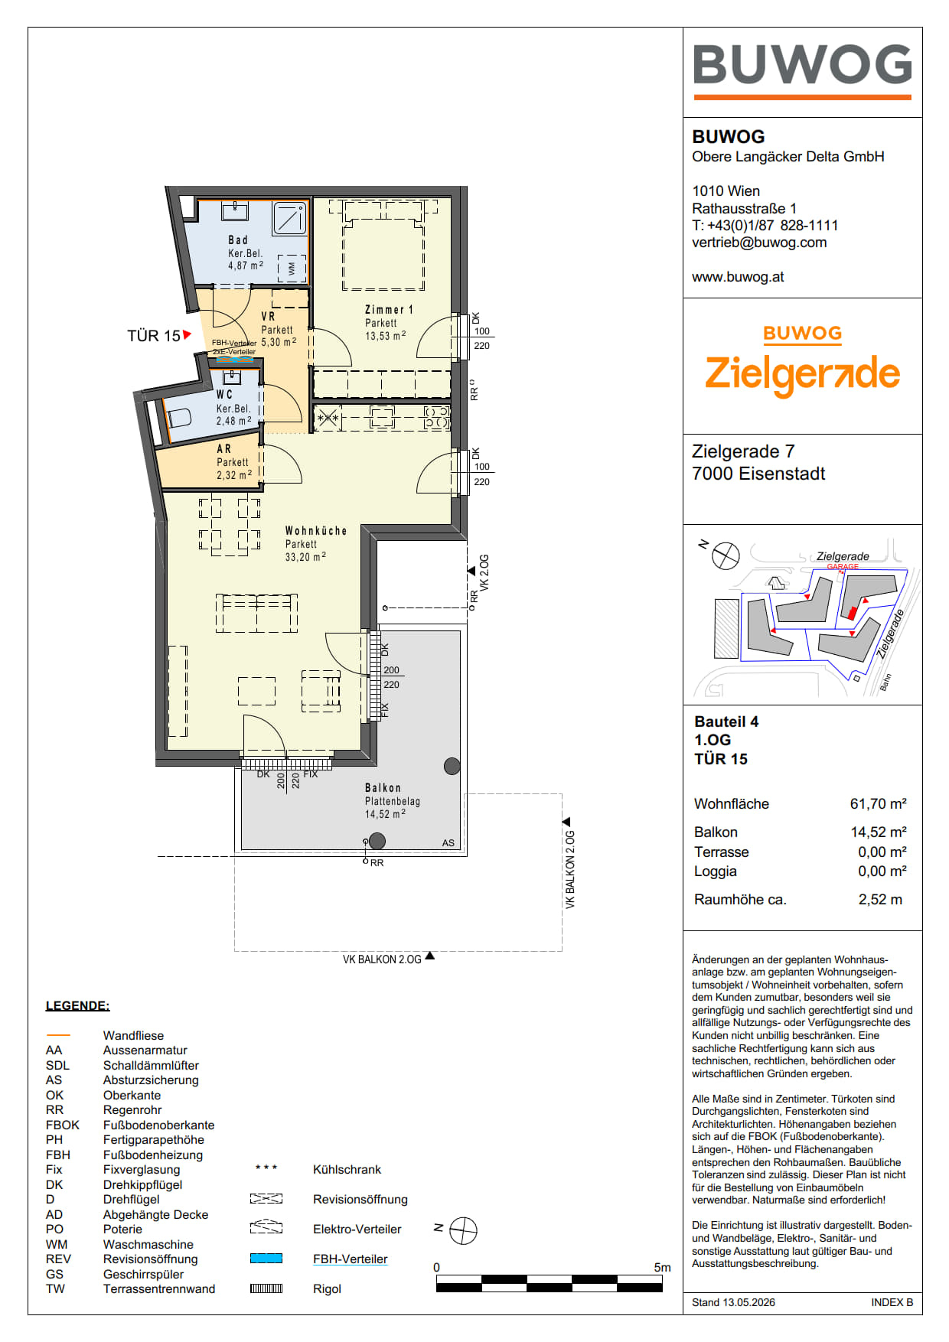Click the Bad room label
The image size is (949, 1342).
238,240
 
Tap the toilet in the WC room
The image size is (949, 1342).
178,418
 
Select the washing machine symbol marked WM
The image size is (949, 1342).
292,269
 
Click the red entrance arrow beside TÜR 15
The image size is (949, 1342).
187,334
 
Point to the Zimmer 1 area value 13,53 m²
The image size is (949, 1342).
386,336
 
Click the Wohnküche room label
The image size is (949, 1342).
316,530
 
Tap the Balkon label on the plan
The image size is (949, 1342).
383,787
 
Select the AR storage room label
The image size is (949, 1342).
224,449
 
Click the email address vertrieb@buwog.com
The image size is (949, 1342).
759,243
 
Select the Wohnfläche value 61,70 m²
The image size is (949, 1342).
878,803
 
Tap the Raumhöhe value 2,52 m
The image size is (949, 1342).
880,900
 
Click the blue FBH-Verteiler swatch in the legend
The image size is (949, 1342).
266,1259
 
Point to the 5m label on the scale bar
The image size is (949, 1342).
662,1267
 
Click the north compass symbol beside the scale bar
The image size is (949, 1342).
463,1231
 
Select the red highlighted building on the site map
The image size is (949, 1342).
853,612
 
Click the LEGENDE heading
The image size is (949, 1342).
77,1005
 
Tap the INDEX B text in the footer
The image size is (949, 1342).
892,1302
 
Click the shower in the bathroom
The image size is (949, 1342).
290,218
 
